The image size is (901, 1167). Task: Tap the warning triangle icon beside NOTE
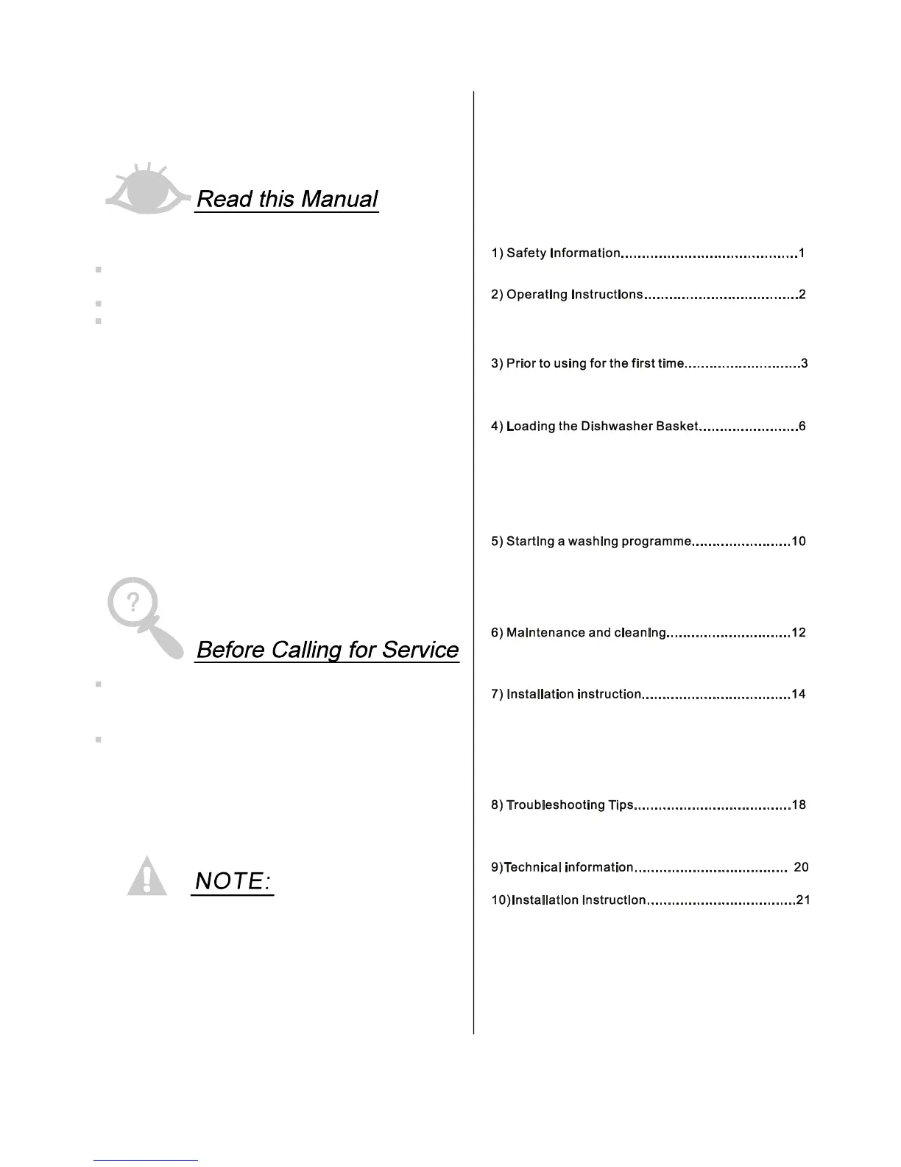click(147, 877)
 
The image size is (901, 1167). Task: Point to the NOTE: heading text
click(233, 880)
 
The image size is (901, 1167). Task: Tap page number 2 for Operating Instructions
click(802, 295)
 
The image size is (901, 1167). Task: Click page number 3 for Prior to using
click(805, 363)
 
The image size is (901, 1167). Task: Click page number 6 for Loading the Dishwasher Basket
click(802, 427)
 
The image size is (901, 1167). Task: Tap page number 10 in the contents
click(798, 542)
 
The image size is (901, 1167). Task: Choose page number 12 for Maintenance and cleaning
click(798, 633)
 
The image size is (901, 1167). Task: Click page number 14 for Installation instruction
click(798, 694)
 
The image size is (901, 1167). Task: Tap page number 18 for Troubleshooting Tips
click(799, 805)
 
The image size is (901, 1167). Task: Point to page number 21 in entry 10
click(803, 900)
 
